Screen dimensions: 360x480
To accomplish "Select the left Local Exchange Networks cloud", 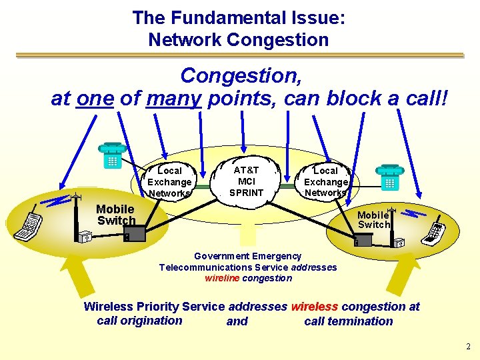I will pyautogui.click(x=169, y=182).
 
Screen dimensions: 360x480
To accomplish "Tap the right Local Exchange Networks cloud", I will pyautogui.click(x=325, y=182).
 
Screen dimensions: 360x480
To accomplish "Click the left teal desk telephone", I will pyautogui.click(x=110, y=155).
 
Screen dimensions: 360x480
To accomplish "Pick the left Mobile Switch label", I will pyautogui.click(x=115, y=215).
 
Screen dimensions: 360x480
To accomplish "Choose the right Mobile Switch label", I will pyautogui.click(x=373, y=219).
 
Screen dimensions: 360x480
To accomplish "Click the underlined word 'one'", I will pyautogui.click(x=95, y=99).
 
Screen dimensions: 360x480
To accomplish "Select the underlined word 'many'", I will pyautogui.click(x=175, y=99).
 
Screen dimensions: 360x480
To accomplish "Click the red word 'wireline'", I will pyautogui.click(x=222, y=278).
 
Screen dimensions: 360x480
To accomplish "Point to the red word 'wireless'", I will pyautogui.click(x=314, y=307).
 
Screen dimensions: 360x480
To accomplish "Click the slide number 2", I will pyautogui.click(x=469, y=346).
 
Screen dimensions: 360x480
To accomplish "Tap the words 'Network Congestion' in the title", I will pyautogui.click(x=239, y=39).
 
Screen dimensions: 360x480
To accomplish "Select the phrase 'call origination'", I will pyautogui.click(x=139, y=321).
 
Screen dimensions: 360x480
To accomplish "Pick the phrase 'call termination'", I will pyautogui.click(x=348, y=321).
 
